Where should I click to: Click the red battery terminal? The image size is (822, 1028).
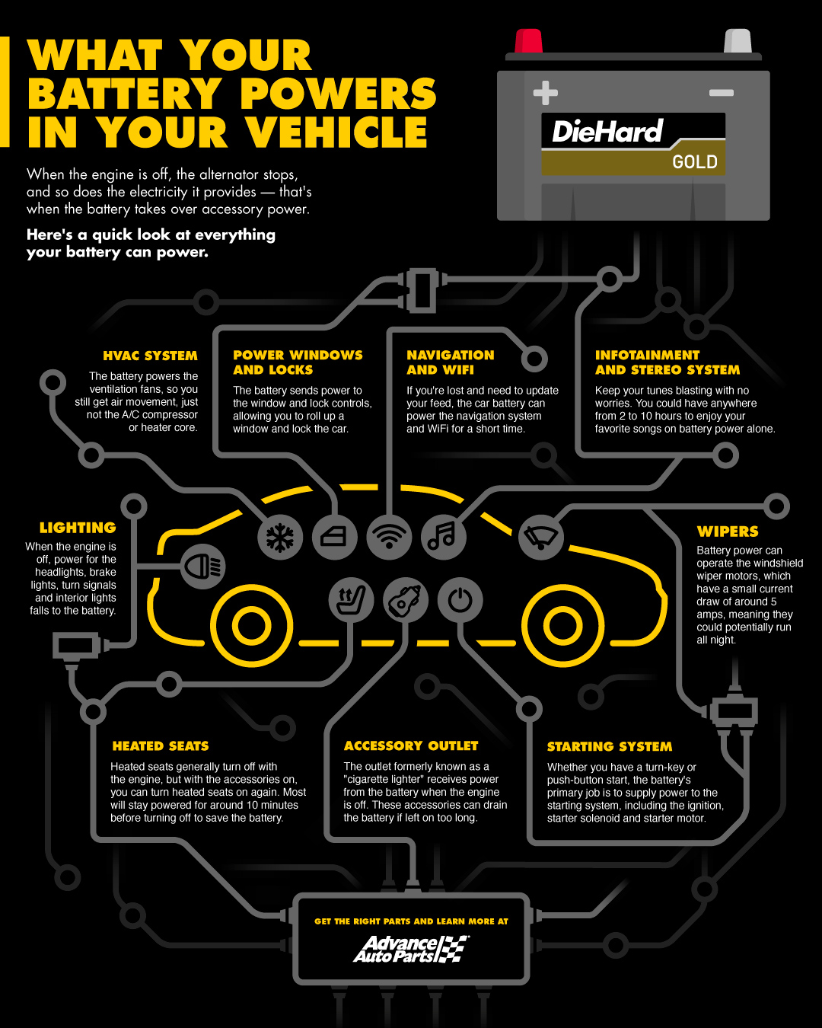pos(528,41)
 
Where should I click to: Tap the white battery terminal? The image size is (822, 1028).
pos(737,41)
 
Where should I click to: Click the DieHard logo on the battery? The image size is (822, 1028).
pos(607,132)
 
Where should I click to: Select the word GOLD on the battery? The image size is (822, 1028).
pos(694,162)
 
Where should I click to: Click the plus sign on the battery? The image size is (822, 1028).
pos(545,93)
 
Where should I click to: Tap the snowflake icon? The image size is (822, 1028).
pos(280,538)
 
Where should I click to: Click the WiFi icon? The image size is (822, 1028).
pos(389,536)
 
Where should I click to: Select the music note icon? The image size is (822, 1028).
pos(443,536)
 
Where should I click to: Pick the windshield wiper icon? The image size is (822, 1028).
pos(540,537)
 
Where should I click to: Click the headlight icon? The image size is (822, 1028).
pos(203,567)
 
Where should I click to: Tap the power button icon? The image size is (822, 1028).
pos(460,601)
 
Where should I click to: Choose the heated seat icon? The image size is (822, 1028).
pos(351,600)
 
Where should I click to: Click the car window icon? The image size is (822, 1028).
pos(335,537)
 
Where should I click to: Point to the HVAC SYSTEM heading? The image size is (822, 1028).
pos(150,356)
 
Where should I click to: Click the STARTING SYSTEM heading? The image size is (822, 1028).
pos(610,746)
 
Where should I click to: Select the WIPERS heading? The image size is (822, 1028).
pos(728,532)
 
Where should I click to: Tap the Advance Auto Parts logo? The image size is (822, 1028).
pos(411,949)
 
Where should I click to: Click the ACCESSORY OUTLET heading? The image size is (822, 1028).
pos(411,745)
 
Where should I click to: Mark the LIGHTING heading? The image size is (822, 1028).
pos(78,528)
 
